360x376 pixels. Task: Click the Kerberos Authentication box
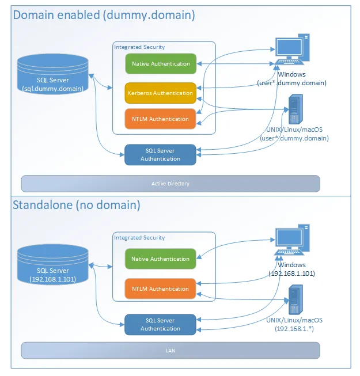point(160,93)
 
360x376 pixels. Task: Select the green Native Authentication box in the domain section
point(160,64)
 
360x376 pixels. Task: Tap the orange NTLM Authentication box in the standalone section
point(160,289)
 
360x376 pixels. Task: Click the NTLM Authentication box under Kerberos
point(160,119)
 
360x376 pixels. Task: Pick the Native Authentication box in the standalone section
point(160,259)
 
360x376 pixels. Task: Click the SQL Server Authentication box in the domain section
point(160,155)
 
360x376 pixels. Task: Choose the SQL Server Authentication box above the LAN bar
point(160,325)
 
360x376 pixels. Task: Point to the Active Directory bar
point(170,184)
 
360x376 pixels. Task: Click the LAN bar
point(170,350)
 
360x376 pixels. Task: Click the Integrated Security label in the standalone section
point(139,237)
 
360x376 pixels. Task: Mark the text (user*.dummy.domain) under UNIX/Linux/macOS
point(294,139)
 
